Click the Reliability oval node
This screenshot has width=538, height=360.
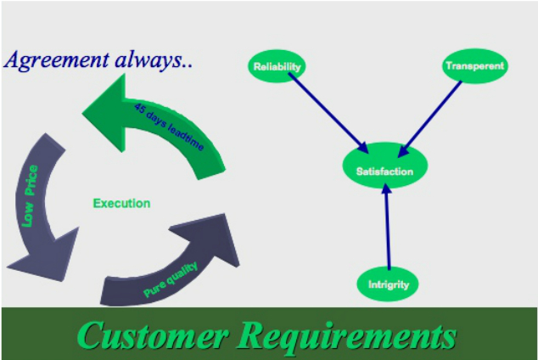[277, 66]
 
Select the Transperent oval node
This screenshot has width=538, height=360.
[474, 65]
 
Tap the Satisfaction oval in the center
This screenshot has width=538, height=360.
[384, 172]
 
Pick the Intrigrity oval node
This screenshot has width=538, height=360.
[388, 284]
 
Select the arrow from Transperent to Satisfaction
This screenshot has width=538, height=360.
[431, 118]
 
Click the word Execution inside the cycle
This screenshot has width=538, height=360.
[121, 203]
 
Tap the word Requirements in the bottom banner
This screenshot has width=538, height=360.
[348, 335]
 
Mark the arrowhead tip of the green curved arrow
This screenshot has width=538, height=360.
[85, 110]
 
